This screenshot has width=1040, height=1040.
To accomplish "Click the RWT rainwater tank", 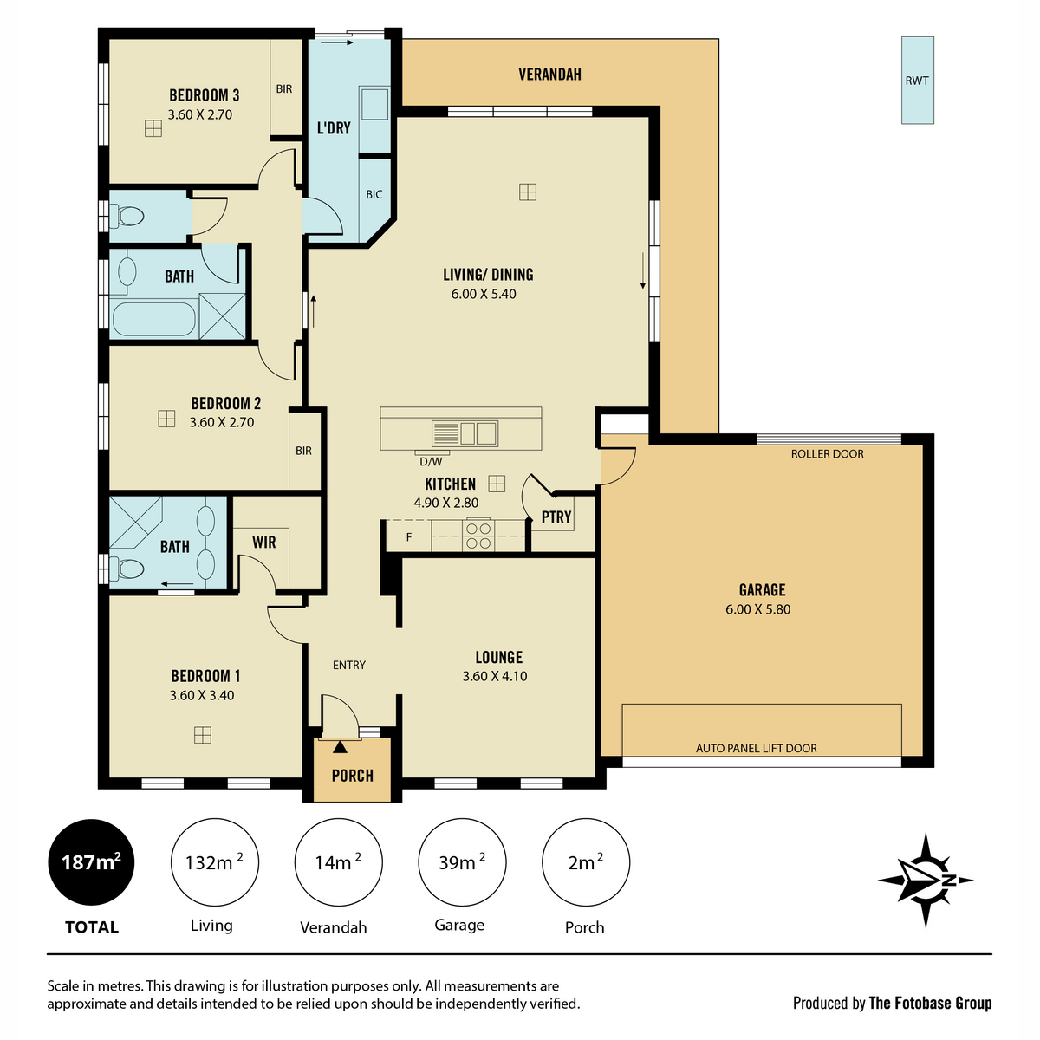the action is click(917, 81).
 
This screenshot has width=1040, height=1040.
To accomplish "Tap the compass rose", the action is click(925, 880).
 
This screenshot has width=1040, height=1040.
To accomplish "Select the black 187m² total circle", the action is click(91, 861).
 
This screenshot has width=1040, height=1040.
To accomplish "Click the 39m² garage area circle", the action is click(462, 861).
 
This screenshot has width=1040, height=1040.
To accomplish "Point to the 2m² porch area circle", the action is click(586, 861).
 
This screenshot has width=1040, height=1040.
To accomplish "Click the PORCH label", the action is click(353, 776).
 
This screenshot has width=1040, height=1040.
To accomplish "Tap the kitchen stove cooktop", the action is click(478, 535).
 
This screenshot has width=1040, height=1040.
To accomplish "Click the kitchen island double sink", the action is click(465, 433).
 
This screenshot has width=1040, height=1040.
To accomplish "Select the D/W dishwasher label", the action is click(431, 461).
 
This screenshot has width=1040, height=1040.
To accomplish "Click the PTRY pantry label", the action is click(556, 517).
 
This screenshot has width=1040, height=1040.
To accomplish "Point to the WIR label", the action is click(264, 543).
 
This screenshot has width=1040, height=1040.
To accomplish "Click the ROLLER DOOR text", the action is click(828, 454).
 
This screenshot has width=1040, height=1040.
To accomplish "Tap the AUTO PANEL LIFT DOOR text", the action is click(756, 748).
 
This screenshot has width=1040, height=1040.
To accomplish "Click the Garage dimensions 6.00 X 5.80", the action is click(757, 609).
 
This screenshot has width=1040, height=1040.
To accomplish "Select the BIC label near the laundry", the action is click(374, 194).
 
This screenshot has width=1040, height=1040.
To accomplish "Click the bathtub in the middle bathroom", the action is click(153, 320).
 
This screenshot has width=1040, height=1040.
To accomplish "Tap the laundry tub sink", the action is click(374, 104).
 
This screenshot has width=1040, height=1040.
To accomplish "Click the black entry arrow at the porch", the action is click(340, 747).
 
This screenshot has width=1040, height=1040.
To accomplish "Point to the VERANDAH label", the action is click(550, 74).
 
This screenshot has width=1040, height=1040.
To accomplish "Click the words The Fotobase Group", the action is click(930, 1003).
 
